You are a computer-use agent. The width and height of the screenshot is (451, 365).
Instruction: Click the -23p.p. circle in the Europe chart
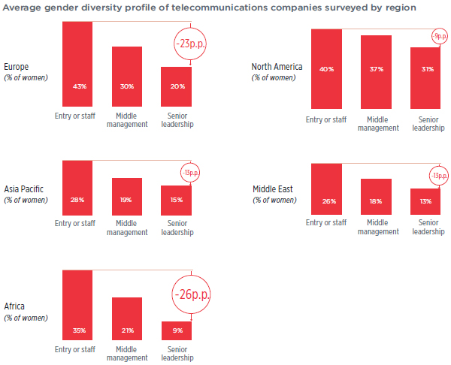point(189,43)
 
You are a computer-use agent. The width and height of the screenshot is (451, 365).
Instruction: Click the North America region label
point(277,66)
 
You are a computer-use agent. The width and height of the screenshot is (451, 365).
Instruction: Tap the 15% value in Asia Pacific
point(176,200)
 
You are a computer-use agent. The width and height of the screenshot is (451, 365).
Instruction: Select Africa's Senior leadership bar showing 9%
point(176,330)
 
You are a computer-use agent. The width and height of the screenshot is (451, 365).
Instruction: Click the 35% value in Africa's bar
point(77,330)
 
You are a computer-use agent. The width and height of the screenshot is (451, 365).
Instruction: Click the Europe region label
point(17,66)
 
